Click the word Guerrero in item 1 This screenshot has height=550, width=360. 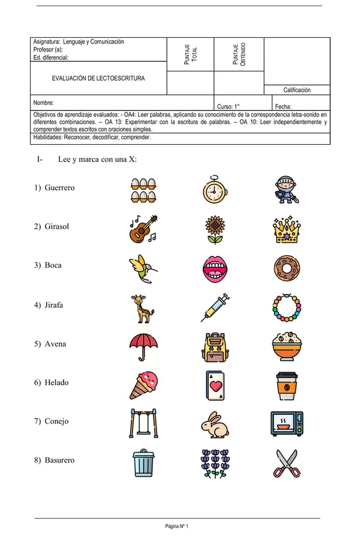[59, 188]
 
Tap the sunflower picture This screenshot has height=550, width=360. [215, 229]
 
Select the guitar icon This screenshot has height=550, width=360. [143, 229]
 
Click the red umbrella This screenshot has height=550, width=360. [143, 346]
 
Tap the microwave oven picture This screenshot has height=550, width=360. [286, 423]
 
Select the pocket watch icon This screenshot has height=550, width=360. [215, 189]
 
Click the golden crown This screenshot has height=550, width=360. [286, 229]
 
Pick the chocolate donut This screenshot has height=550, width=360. [286, 268]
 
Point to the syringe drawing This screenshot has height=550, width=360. [215, 307]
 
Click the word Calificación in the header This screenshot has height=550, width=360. [296, 90]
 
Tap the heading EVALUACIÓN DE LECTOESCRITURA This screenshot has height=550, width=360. [98, 78]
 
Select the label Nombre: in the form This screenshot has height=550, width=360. [44, 103]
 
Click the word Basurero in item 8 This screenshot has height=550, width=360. [59, 460]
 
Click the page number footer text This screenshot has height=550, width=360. [177, 526]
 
